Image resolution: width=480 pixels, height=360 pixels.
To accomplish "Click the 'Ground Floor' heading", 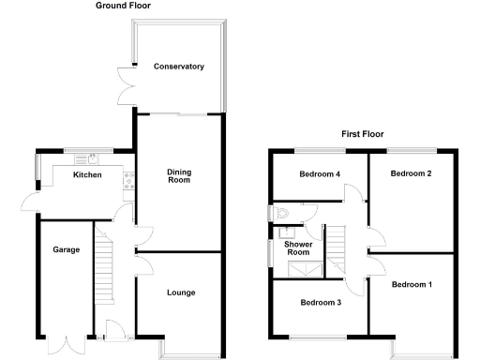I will tap(123, 6).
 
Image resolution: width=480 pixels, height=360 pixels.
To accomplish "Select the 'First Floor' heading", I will tap(362, 134).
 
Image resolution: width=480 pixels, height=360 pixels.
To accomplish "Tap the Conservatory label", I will tap(179, 67).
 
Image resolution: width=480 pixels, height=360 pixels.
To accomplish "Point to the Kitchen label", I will tap(87, 175).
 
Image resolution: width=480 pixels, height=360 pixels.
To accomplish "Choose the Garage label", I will tap(66, 249).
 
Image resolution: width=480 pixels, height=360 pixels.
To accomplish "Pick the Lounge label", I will tap(181, 292).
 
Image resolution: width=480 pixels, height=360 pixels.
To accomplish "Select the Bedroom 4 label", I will tap(320, 174).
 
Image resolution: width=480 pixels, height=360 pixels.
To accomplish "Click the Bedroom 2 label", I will tap(411, 173).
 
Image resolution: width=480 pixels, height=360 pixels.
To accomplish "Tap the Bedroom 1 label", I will tap(412, 284).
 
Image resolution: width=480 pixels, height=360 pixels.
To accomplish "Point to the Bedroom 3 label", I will tap(321, 303).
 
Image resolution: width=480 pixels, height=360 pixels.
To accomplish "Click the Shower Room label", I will tap(297, 247).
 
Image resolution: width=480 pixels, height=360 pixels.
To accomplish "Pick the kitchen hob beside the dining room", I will tap(124, 184).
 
